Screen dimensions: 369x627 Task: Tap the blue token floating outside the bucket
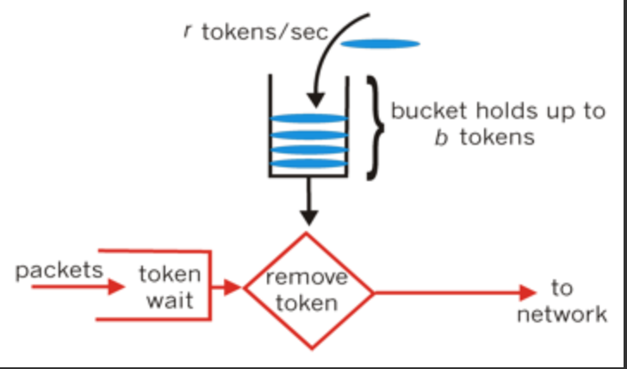(380, 43)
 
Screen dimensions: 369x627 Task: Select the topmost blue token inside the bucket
(309, 119)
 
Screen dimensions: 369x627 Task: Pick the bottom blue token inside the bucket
(309, 163)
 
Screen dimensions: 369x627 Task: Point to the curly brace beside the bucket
(372, 128)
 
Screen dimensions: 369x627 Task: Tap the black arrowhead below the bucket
(309, 218)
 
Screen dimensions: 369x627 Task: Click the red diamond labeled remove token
(308, 291)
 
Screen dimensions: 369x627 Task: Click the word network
(561, 314)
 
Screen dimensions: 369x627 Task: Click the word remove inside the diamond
(307, 277)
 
